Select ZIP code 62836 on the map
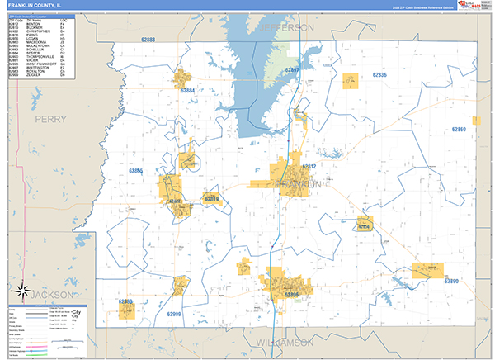point(379,75)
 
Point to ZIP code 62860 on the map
point(460,130)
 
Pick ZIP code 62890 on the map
point(451,282)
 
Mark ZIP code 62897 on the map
point(292,70)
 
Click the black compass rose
point(19,289)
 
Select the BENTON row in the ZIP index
point(33,25)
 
